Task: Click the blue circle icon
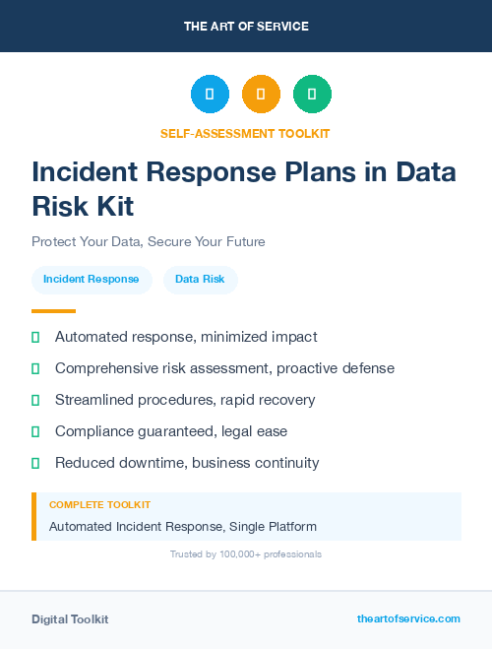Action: [210, 94]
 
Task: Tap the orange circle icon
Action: [261, 94]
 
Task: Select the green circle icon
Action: [312, 94]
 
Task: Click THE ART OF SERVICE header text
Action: [246, 26]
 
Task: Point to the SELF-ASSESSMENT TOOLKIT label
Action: [245, 133]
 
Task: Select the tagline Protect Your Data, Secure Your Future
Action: [149, 241]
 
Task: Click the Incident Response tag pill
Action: [92, 280]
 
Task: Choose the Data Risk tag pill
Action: [200, 280]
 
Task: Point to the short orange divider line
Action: [53, 311]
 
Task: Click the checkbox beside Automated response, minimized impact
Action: [35, 337]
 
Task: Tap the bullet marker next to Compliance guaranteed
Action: [35, 431]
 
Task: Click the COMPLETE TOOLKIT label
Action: [99, 504]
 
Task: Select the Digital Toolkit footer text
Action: [70, 619]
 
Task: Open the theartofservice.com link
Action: [408, 618]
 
